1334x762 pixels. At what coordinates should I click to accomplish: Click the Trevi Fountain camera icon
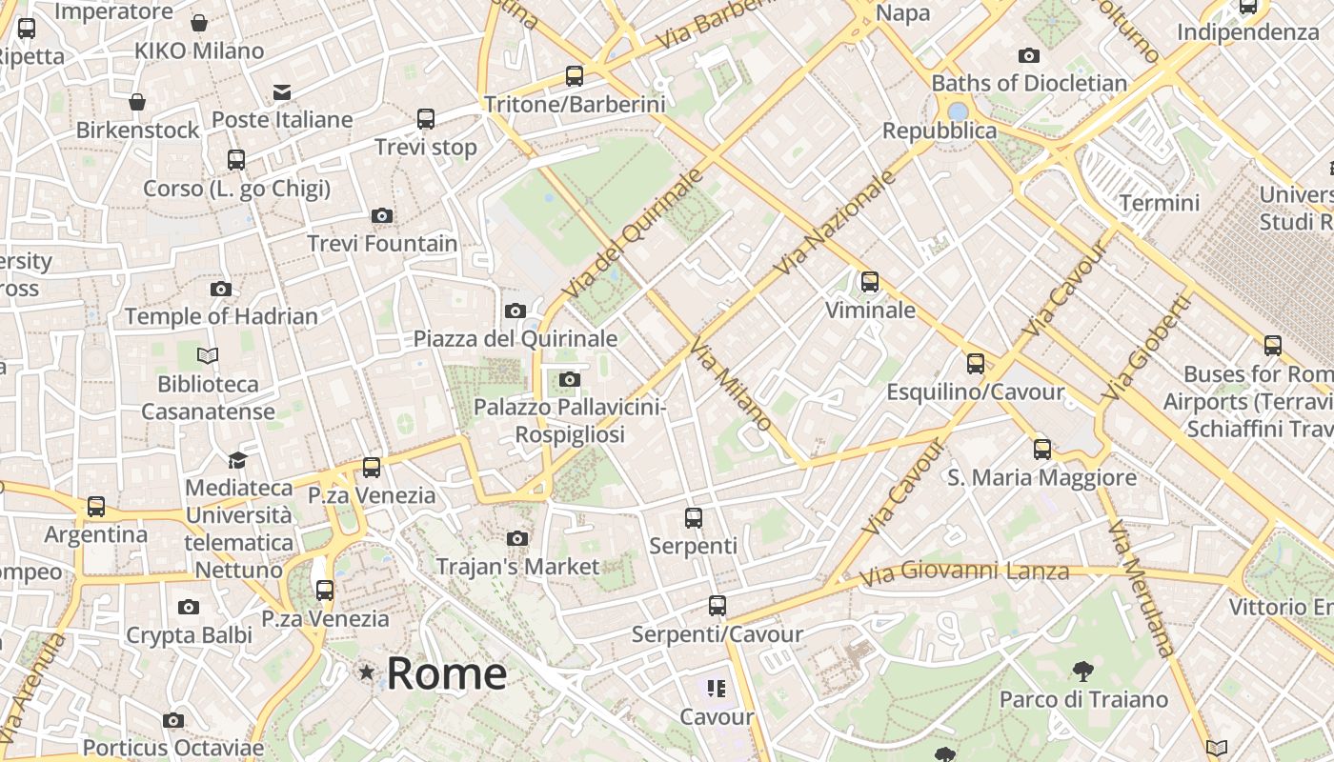point(382,216)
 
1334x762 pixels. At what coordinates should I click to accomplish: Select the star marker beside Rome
point(367,672)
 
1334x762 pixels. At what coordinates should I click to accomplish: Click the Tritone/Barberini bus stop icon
point(574,76)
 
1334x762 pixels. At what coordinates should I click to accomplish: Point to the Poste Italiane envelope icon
point(282,92)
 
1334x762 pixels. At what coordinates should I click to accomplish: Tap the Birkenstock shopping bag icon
point(137,102)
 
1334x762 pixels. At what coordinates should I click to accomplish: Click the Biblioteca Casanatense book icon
point(208,356)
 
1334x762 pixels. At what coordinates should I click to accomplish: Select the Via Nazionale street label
point(836,223)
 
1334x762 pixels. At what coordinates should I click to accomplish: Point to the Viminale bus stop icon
point(869,282)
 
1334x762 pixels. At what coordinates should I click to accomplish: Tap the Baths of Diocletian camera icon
point(1028,56)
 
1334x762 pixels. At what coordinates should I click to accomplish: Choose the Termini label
point(1160,203)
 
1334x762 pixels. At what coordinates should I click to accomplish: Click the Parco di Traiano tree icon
point(1082,672)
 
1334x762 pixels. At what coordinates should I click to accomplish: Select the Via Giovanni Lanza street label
point(963,572)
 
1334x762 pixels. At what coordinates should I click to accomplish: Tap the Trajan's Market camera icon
point(517,539)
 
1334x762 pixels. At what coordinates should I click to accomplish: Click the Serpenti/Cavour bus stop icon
point(717,606)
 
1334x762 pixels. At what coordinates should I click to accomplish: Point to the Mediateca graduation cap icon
point(237,460)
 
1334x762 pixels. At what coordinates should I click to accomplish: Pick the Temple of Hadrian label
point(221,316)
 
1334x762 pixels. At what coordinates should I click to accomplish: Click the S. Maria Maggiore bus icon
point(1041,450)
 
